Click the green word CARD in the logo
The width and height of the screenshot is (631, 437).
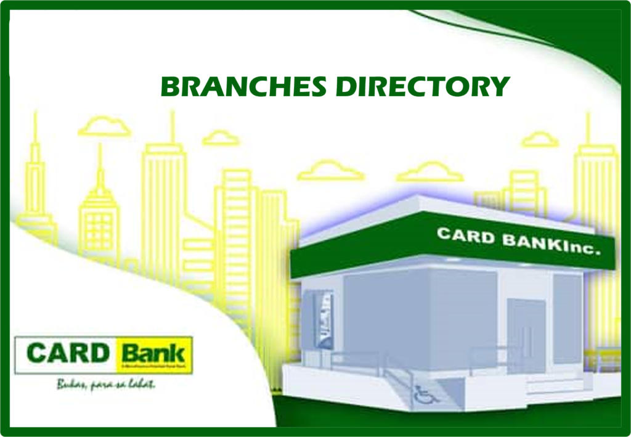click(68, 354)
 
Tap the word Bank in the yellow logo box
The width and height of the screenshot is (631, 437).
click(153, 354)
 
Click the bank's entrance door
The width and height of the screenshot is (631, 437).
click(526, 332)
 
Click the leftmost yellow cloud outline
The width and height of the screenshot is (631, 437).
click(105, 128)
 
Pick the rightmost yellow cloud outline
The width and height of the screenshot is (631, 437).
click(540, 140)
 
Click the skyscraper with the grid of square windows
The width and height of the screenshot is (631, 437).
click(99, 222)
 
